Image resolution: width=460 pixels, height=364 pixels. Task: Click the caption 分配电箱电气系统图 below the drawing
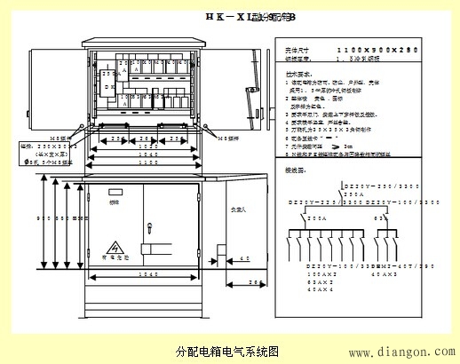229,351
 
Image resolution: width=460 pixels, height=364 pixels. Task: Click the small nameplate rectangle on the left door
114,193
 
